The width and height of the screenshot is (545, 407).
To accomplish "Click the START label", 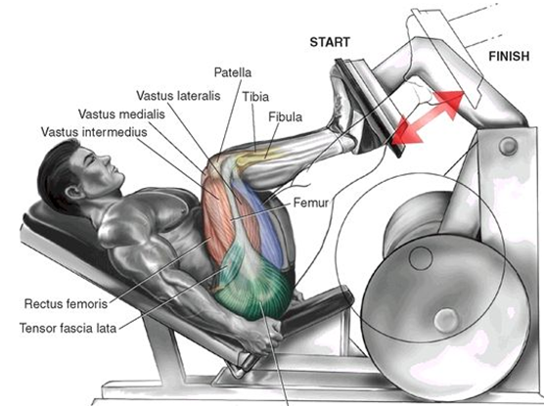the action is click(x=330, y=42).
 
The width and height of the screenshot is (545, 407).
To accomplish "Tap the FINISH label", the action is click(x=509, y=56).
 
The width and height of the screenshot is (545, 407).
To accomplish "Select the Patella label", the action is click(x=233, y=72).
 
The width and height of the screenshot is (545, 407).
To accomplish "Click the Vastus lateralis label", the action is click(x=178, y=95).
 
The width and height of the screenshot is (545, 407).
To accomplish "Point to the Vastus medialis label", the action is click(x=121, y=114).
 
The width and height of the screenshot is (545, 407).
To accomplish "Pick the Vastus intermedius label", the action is click(x=94, y=132).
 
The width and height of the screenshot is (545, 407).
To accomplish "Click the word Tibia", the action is click(x=255, y=97).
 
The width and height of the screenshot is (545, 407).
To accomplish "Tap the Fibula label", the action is click(x=286, y=117).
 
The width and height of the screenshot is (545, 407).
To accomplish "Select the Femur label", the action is click(x=311, y=203).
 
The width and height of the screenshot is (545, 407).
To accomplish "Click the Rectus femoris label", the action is click(x=66, y=304).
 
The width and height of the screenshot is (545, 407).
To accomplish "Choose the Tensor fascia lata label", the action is click(x=68, y=328).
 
